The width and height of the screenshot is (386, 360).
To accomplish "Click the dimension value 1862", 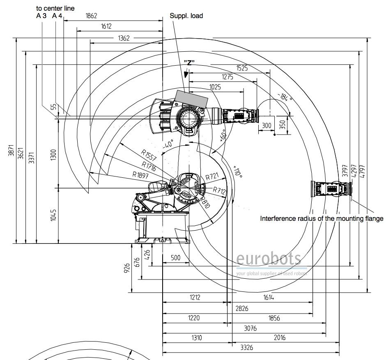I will tap(91, 16).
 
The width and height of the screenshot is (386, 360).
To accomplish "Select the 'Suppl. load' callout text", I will tap(186, 16).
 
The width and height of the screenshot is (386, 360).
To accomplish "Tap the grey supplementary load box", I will tap(191, 99).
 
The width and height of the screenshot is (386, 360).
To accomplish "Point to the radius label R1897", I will tap(140, 174).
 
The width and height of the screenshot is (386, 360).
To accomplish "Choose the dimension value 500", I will tap(175, 258).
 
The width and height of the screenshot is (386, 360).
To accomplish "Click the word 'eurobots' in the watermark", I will tap(269, 259).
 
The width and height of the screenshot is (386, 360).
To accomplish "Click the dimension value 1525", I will tap(242, 69).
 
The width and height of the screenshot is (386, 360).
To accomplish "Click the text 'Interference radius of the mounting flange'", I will tap(322, 218).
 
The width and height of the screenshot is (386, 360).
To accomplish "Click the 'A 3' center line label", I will tap(41, 16).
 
